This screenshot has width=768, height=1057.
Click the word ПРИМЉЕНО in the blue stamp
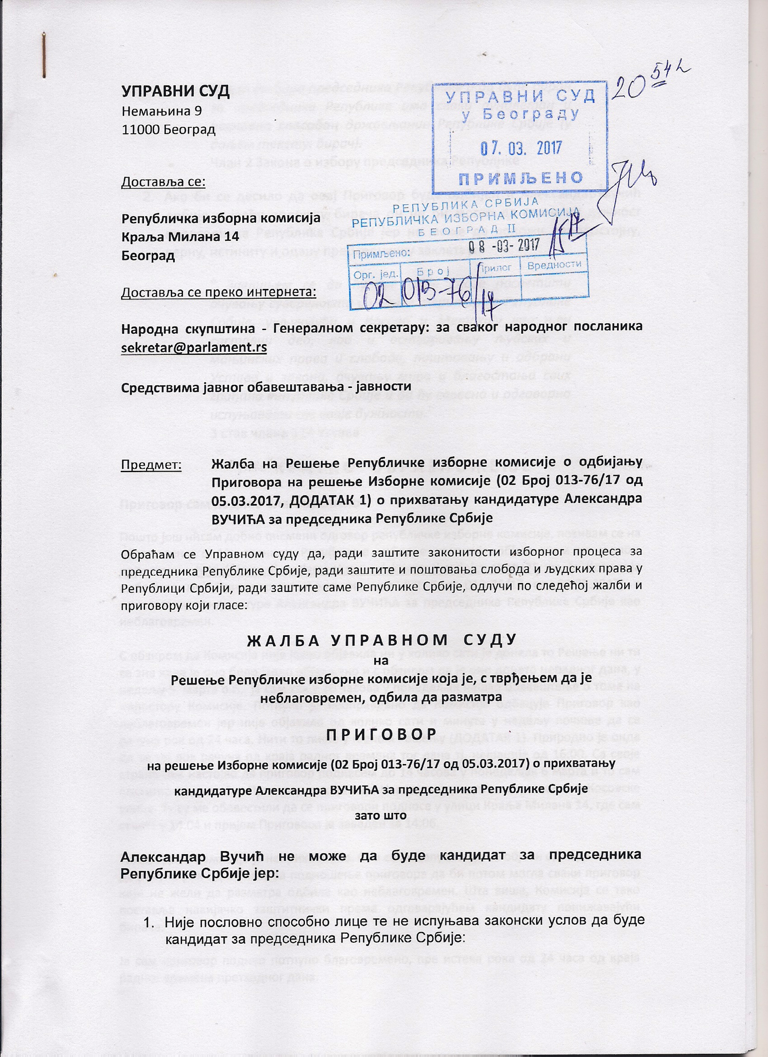pos(521,178)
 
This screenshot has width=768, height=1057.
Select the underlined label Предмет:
pos(151,465)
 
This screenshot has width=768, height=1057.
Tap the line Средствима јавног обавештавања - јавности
pos(266,387)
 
